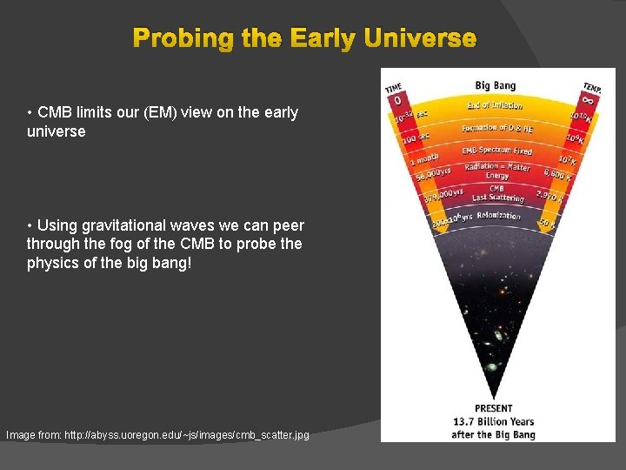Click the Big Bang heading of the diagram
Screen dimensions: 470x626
coord(495,85)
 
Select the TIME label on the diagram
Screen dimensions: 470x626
coord(394,87)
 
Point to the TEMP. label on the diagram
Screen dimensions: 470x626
coord(592,87)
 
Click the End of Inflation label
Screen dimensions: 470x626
coord(495,105)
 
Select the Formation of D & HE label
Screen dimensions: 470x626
coord(497,129)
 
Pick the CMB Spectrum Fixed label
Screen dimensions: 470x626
coord(496,151)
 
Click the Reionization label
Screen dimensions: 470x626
coord(498,216)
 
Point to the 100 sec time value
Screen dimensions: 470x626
coord(414,138)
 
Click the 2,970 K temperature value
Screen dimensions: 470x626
coord(553,198)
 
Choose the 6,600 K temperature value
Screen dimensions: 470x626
coord(557,175)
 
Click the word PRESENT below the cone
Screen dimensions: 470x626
coord(493,408)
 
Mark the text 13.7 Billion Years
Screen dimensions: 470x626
coord(493,422)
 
